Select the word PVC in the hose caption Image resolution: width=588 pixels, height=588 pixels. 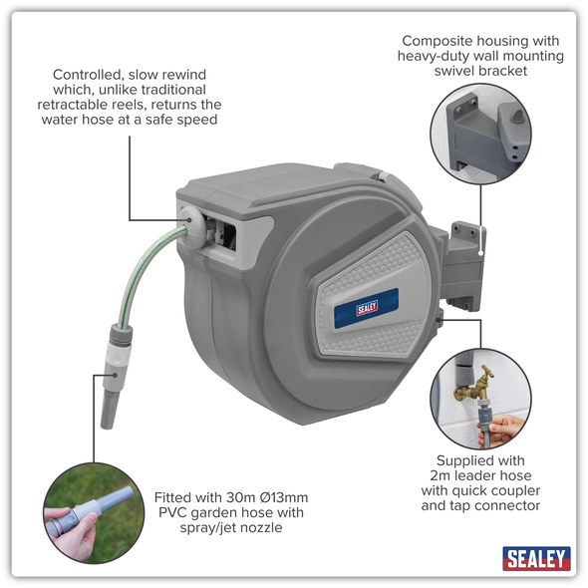[x=170, y=512]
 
